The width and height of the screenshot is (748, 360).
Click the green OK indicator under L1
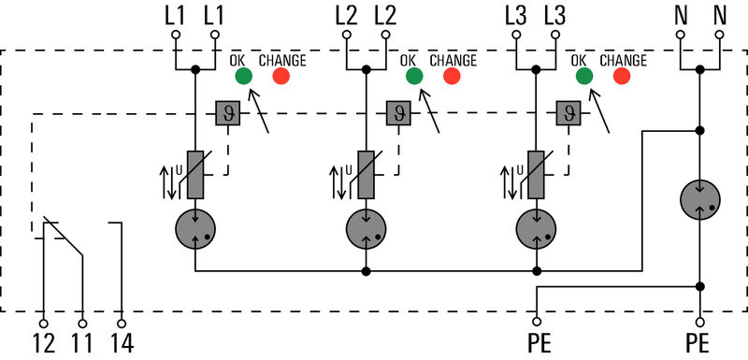click(x=243, y=77)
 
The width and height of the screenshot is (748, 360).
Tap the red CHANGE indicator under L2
click(x=452, y=77)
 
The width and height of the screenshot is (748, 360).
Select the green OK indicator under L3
click(x=584, y=77)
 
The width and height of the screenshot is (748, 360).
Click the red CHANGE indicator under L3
click(x=622, y=77)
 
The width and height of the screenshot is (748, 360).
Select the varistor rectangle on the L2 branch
click(x=366, y=174)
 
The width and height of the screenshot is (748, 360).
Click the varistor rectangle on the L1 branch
click(x=195, y=174)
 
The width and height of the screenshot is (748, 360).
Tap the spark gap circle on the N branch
click(x=700, y=198)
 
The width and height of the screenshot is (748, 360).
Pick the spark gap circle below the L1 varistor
click(x=195, y=227)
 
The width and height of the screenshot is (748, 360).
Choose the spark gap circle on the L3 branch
click(x=536, y=227)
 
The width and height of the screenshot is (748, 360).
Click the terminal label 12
click(x=43, y=343)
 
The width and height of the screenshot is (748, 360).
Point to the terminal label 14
click(x=122, y=343)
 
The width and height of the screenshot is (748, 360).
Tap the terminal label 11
click(x=82, y=343)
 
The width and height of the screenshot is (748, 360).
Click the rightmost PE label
click(x=698, y=343)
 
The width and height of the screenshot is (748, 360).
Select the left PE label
click(x=538, y=343)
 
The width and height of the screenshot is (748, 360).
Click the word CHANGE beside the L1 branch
click(x=281, y=60)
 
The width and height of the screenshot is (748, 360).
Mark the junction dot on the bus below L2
click(x=366, y=271)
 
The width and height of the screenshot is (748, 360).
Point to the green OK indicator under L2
click(x=413, y=77)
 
